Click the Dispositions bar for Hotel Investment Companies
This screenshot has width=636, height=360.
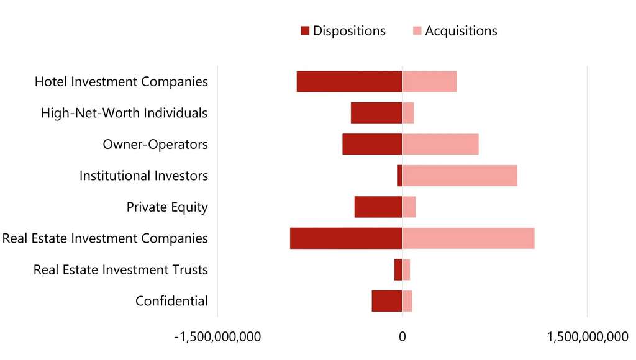point(349,81)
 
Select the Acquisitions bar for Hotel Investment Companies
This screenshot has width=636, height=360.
point(429,81)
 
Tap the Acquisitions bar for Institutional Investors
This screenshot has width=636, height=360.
point(460,176)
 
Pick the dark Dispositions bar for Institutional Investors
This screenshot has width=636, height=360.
point(400,176)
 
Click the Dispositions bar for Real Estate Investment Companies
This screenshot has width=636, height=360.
point(346,238)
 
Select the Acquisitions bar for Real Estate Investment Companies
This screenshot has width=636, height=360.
point(468,238)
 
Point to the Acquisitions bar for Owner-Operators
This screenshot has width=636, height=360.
point(440,144)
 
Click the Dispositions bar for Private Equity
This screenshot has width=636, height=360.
point(378,207)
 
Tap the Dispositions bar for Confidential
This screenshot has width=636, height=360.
point(387,301)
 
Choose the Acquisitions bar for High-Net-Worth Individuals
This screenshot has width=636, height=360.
point(408,113)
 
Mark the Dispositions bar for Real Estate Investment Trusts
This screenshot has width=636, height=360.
point(398,270)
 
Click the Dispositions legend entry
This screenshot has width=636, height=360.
point(343,31)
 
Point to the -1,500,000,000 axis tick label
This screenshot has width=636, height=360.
point(217,337)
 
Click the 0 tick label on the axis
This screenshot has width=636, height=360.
point(402,337)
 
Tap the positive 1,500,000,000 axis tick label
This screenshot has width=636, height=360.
point(588,337)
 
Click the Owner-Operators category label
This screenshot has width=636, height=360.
point(155,145)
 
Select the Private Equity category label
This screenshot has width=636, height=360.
point(167,207)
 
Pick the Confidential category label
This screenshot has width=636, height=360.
point(171,302)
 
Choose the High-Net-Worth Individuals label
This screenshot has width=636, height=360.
point(124,114)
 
